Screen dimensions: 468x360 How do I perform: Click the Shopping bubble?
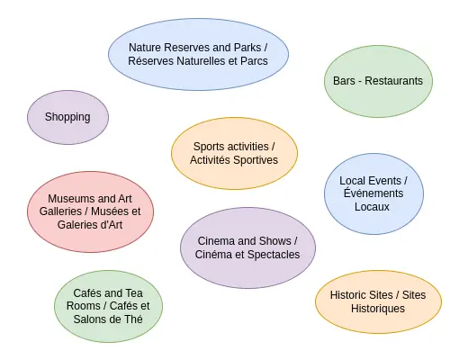click(x=67, y=117)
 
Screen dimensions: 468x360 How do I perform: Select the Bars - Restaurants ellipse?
click(x=378, y=81)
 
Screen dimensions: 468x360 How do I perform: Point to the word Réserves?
click(x=151, y=61)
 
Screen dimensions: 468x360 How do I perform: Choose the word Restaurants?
click(x=393, y=81)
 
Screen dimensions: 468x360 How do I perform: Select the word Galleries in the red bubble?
click(x=60, y=211)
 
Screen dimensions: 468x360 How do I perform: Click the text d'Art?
click(x=111, y=225)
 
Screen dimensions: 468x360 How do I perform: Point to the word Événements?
click(x=373, y=193)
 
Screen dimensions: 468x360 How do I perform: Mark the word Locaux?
click(x=372, y=207)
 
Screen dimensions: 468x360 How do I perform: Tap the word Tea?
click(x=134, y=293)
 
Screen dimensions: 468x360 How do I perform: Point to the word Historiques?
click(x=378, y=309)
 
